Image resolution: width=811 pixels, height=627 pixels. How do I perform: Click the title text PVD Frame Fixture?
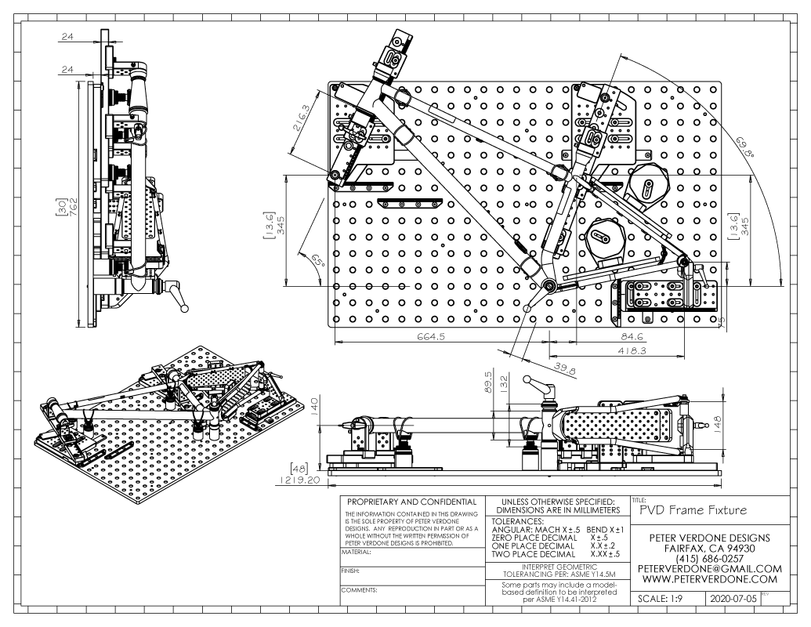click(x=691, y=510)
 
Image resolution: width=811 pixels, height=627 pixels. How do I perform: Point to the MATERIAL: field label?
click(x=356, y=552)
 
